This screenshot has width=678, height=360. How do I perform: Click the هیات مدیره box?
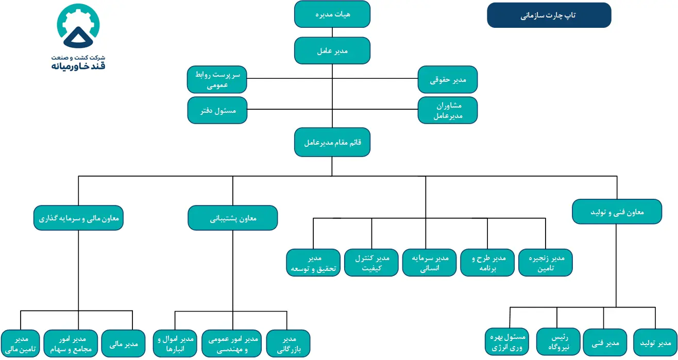(332, 14)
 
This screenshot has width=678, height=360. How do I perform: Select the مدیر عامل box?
(332, 50)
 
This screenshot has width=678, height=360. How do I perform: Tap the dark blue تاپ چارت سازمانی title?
(549, 15)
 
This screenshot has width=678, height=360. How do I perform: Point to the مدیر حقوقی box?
(448, 79)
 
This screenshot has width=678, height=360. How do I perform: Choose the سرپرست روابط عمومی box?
(217, 80)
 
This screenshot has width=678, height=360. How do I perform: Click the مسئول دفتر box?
(217, 110)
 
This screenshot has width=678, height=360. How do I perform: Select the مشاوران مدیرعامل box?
(448, 110)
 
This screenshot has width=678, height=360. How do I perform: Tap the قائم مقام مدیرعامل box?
(332, 142)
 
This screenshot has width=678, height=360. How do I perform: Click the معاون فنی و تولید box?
(617, 212)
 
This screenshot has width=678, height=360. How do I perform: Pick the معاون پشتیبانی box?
(233, 218)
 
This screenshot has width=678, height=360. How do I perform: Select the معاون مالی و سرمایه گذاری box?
(78, 218)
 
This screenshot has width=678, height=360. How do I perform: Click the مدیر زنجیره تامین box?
(545, 263)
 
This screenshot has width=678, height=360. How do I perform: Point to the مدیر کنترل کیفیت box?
(371, 263)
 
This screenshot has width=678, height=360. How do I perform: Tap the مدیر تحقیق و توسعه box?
(313, 263)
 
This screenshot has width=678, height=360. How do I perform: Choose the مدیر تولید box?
(655, 342)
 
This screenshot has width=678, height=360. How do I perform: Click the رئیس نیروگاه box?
(557, 342)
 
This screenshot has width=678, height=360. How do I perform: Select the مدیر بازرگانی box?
(287, 344)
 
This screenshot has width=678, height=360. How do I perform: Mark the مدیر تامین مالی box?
(20, 344)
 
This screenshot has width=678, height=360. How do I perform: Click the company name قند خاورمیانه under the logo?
(78, 66)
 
